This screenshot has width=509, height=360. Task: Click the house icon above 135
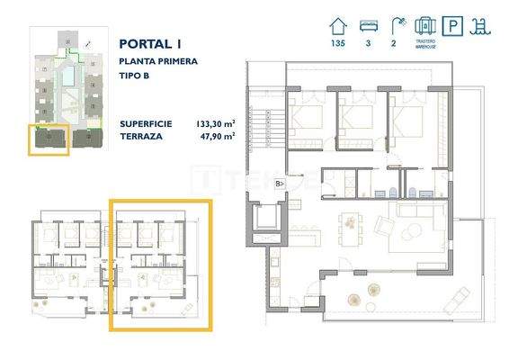[x=338, y=24]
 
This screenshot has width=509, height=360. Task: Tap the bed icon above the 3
[x=368, y=24]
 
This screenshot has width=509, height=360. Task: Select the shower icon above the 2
[x=397, y=24]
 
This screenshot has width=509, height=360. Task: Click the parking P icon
[x=459, y=26]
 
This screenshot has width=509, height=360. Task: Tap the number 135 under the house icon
[x=338, y=43]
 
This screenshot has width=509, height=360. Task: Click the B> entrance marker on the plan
[x=280, y=184]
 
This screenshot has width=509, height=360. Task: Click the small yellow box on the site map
[x=49, y=139]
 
